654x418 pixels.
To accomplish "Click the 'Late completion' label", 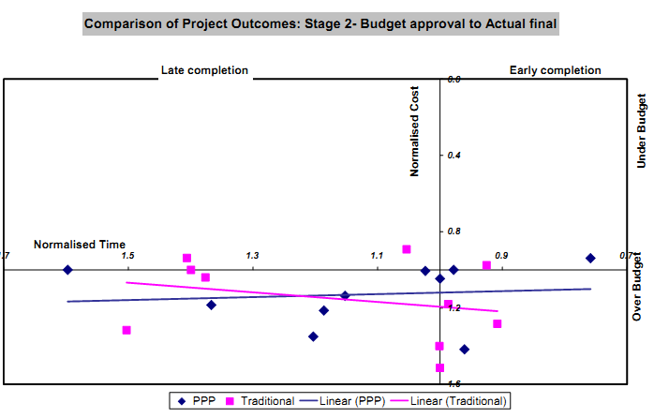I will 204,70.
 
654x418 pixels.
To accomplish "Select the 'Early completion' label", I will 555,70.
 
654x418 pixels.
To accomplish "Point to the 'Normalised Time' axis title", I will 80,245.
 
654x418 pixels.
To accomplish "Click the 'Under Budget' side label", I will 642,130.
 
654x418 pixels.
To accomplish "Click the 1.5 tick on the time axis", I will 126,256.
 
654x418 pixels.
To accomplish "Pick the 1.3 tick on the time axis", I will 252,256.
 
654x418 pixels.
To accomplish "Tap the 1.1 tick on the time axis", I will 377,256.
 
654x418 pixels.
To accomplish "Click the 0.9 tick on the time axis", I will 502,256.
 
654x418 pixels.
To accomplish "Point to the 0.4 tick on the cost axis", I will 453,154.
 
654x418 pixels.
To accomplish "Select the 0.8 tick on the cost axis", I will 453,231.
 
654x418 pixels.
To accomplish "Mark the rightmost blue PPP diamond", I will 590,258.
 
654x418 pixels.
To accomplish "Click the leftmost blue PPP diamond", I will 67,270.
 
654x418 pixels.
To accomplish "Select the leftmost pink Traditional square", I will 126,330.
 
